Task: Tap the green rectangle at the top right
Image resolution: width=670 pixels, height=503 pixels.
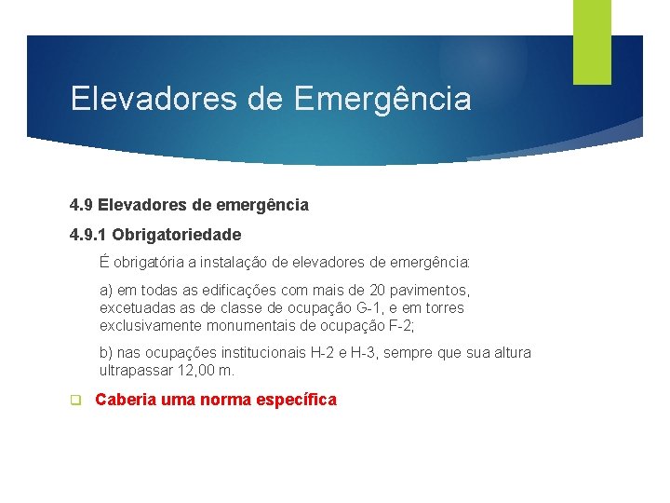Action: click(x=592, y=42)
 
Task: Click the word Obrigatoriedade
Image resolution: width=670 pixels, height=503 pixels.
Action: click(x=177, y=235)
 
